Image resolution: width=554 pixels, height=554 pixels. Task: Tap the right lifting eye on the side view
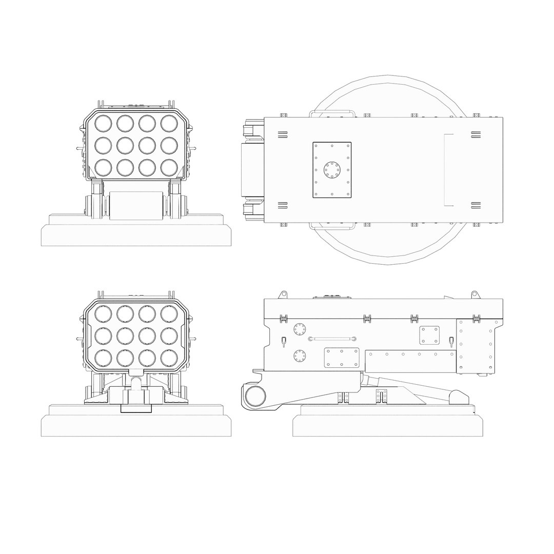click(474, 294)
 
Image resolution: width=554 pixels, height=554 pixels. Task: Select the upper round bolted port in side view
click(299, 329)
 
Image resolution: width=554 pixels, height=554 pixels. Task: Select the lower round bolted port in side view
click(299, 355)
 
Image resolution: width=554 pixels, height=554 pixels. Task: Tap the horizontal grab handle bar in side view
click(332, 339)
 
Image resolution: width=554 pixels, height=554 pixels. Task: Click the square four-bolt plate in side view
click(429, 335)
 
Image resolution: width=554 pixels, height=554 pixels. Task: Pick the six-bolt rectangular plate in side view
click(341, 358)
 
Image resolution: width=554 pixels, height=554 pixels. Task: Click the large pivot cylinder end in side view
click(255, 397)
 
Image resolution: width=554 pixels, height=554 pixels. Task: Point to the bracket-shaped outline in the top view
click(448, 170)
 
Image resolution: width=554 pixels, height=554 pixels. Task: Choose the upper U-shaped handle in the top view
click(331, 113)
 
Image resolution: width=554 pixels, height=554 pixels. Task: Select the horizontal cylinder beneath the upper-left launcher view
click(136, 205)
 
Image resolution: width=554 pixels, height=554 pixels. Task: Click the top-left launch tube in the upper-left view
click(103, 123)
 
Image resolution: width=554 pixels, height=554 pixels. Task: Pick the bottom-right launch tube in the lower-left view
click(169, 357)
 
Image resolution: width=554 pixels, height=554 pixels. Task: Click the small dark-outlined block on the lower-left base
click(136, 408)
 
